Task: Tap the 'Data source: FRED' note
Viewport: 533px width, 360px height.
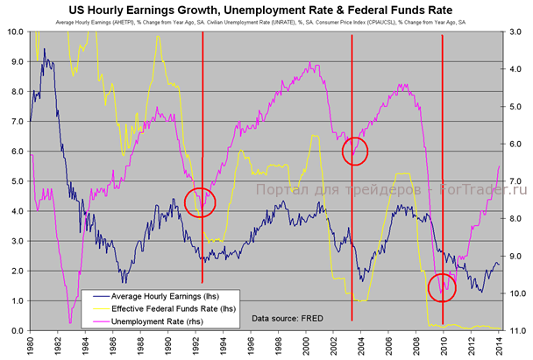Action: [x=286, y=316]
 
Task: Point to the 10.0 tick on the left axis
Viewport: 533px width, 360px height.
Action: [x=14, y=32]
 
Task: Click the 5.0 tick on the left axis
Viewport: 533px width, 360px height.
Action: [x=16, y=181]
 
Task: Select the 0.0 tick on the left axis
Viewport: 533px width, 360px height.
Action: [x=16, y=331]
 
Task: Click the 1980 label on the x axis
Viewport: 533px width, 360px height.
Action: [x=30, y=346]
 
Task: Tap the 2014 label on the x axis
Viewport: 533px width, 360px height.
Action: [x=502, y=346]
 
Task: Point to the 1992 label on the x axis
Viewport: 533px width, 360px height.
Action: [x=196, y=346]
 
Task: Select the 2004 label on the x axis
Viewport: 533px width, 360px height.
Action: [x=363, y=346]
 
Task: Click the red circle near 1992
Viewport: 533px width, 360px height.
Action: [x=200, y=201]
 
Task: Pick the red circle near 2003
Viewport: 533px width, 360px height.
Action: [x=355, y=152]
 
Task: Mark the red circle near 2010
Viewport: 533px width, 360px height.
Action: [x=442, y=286]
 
